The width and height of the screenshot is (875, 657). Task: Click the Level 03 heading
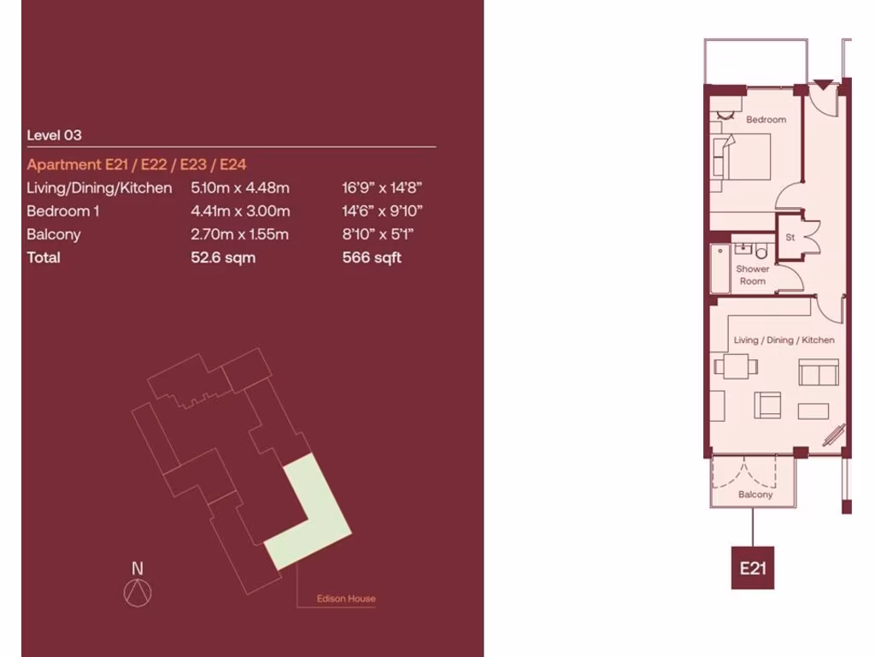coord(54,135)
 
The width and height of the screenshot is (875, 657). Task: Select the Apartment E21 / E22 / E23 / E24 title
coord(137,164)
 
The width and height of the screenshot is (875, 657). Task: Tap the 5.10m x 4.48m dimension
coord(240,188)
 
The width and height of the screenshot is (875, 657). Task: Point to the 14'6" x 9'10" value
coord(382,211)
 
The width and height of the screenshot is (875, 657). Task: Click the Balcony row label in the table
coord(53,234)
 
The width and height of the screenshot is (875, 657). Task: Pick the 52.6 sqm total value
coord(223,257)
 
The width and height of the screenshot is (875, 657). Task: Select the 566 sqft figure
coord(372,257)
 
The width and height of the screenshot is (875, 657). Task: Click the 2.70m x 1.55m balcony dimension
coord(240,234)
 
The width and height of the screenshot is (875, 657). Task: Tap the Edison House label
coord(346,599)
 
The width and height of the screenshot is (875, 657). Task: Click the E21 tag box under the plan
coord(753,568)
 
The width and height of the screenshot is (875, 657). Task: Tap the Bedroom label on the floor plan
coord(766,120)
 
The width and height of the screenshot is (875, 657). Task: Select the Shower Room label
coord(753,275)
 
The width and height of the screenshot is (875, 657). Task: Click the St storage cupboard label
coord(790,237)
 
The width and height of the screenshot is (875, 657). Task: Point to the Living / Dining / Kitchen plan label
coord(784,340)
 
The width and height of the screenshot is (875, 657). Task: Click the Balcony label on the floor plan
coord(755,494)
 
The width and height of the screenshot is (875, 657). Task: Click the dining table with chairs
coord(736,367)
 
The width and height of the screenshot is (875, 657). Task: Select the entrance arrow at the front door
coord(822,85)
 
